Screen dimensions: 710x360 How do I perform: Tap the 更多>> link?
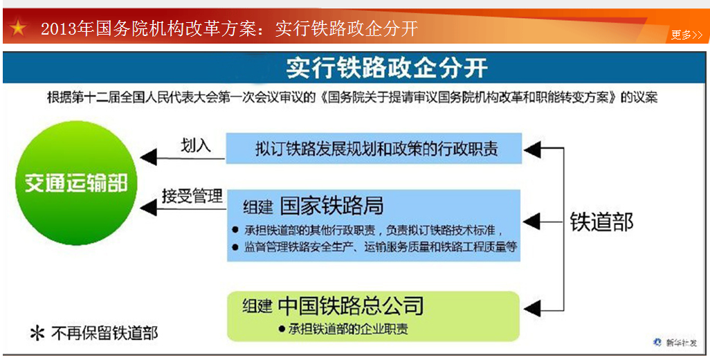click(x=686, y=35)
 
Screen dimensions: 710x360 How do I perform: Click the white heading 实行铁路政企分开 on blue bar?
click(x=387, y=68)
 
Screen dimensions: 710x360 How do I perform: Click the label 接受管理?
click(x=192, y=196)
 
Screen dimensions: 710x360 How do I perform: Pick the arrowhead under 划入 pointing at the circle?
click(x=149, y=158)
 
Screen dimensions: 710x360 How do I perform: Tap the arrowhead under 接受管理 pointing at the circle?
click(x=149, y=208)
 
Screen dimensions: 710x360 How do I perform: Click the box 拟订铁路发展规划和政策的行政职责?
click(x=374, y=148)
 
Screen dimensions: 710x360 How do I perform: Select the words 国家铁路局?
click(x=332, y=206)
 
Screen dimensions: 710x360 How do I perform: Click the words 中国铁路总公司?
click(x=351, y=306)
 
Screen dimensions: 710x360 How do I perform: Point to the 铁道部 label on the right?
click(x=601, y=222)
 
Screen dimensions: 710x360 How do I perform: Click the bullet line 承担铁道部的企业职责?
click(x=344, y=329)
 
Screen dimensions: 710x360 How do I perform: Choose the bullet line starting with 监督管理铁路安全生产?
click(x=375, y=246)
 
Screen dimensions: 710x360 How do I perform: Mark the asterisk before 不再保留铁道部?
click(x=37, y=334)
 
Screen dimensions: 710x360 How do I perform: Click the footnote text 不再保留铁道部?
click(x=104, y=334)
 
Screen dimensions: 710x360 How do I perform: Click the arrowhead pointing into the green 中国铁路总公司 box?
click(x=532, y=310)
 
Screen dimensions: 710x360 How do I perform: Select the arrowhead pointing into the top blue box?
click(x=532, y=148)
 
